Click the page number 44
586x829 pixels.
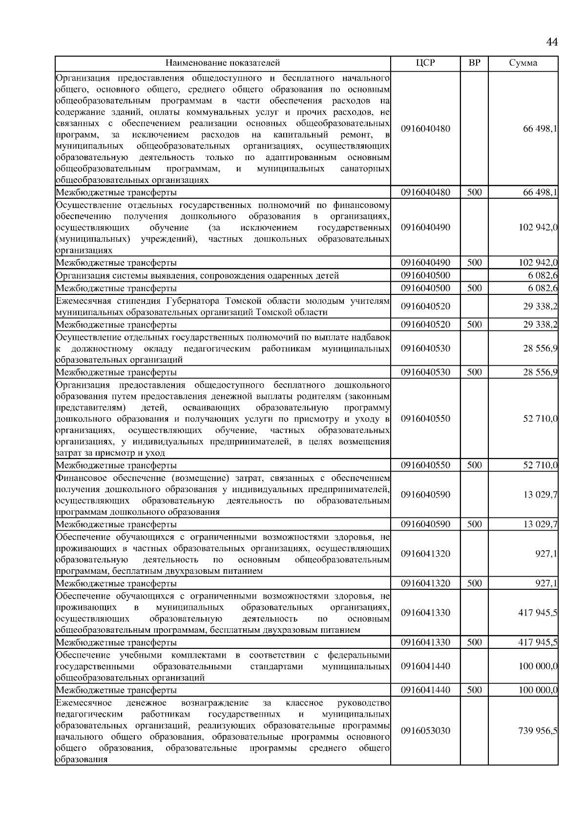click(551, 42)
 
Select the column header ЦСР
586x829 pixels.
click(425, 63)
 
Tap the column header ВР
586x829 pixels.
click(474, 63)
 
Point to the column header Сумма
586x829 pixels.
click(523, 63)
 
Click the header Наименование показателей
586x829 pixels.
click(223, 63)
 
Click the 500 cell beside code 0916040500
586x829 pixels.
click(474, 288)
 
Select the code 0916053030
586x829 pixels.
click(425, 731)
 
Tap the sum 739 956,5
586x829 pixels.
click(538, 731)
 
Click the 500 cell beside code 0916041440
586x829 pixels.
click(474, 690)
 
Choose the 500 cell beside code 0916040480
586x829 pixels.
click(474, 192)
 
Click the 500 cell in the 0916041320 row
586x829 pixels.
click(474, 583)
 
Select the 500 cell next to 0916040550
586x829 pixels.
click(474, 465)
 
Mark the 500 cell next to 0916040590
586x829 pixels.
click(474, 524)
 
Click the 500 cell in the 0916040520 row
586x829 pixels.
click(474, 325)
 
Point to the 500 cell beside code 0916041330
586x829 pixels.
click(474, 642)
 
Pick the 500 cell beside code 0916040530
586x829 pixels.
click(474, 373)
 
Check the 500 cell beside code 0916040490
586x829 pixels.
click(474, 263)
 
